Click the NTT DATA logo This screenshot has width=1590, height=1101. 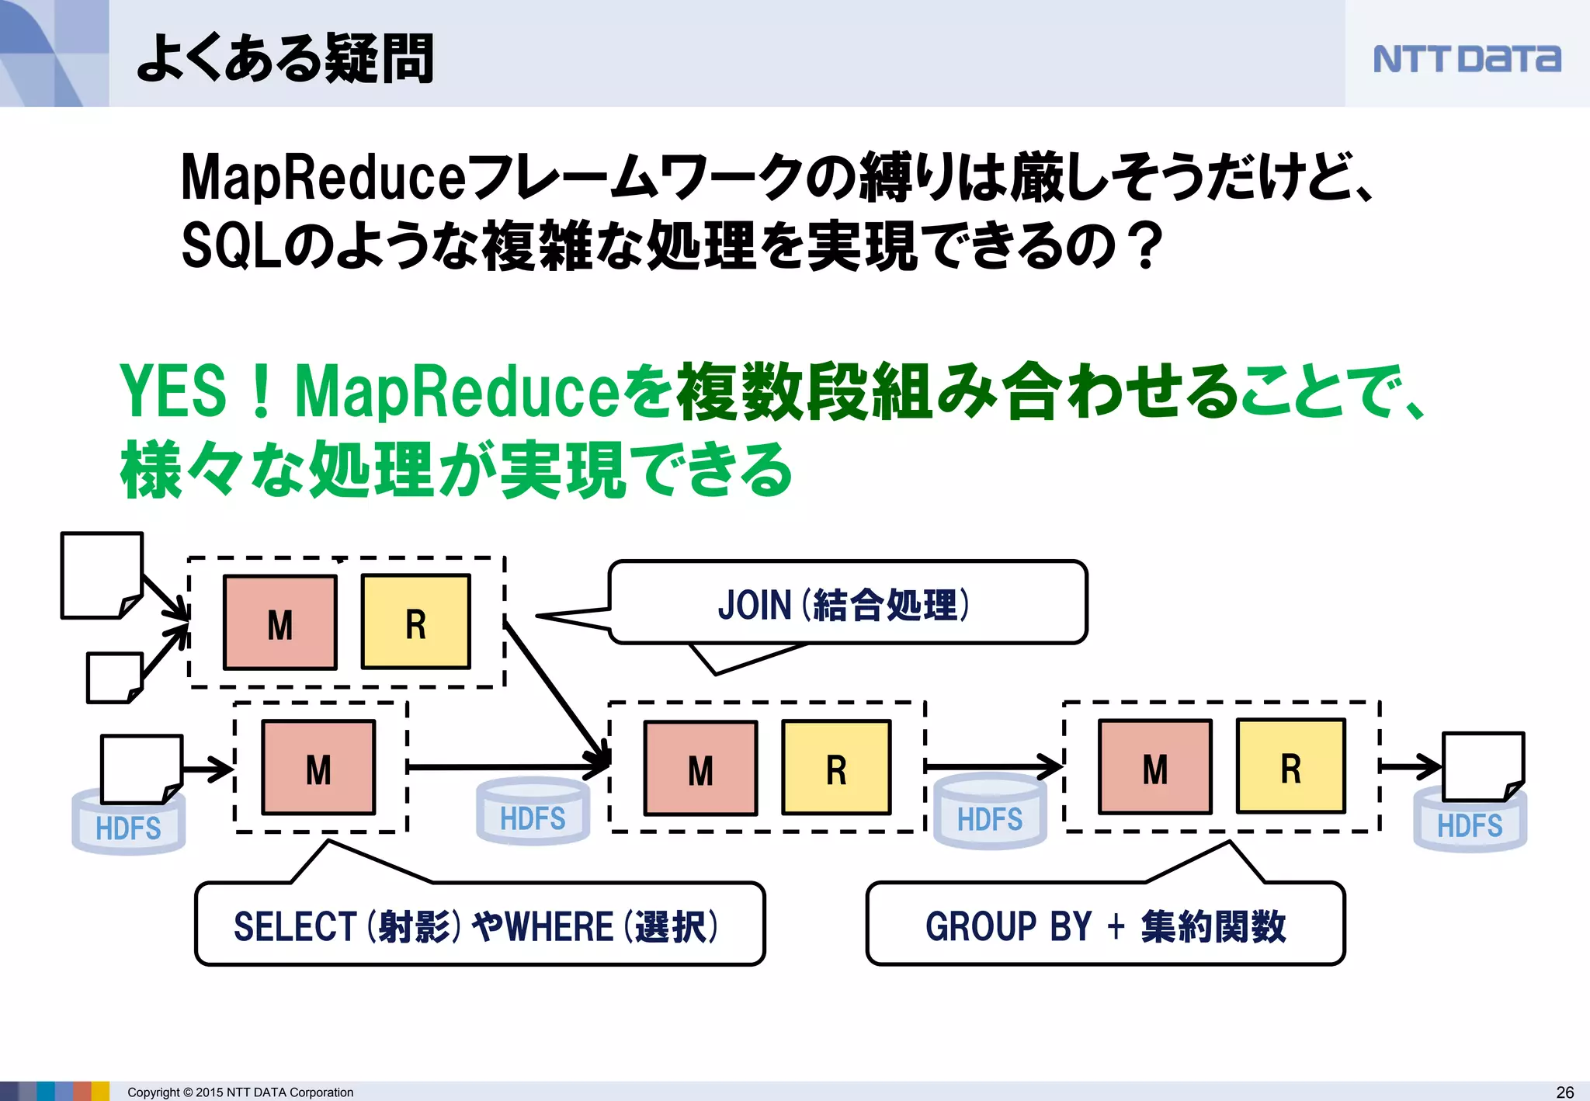pos(1466,59)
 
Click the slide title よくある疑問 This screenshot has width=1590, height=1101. pos(285,58)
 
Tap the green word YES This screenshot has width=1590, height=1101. pos(172,391)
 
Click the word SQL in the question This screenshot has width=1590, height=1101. pos(231,245)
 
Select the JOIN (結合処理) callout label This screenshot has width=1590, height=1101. pos(845,604)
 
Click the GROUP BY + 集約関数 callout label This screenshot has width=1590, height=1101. pos(1105,926)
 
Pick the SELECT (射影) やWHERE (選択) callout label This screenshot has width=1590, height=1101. pos(477,926)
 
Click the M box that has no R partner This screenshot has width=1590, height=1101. pos(318,767)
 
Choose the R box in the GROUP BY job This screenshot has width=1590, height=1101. pos(1290,767)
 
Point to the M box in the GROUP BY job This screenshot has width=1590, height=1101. pos(1154,767)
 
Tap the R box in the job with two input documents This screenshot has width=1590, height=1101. pos(416,622)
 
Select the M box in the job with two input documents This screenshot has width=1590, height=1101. pos(280,622)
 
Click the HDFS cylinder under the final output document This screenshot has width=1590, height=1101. pos(1470,825)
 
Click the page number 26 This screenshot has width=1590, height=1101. pos(1565,1092)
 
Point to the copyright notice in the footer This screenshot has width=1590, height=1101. pos(240,1092)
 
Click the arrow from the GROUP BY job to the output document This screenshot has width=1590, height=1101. pos(1411,766)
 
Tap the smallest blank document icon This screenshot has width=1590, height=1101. pos(115,677)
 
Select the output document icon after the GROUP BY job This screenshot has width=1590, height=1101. pos(1483,765)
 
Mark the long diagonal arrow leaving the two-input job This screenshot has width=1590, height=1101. pos(555,691)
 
